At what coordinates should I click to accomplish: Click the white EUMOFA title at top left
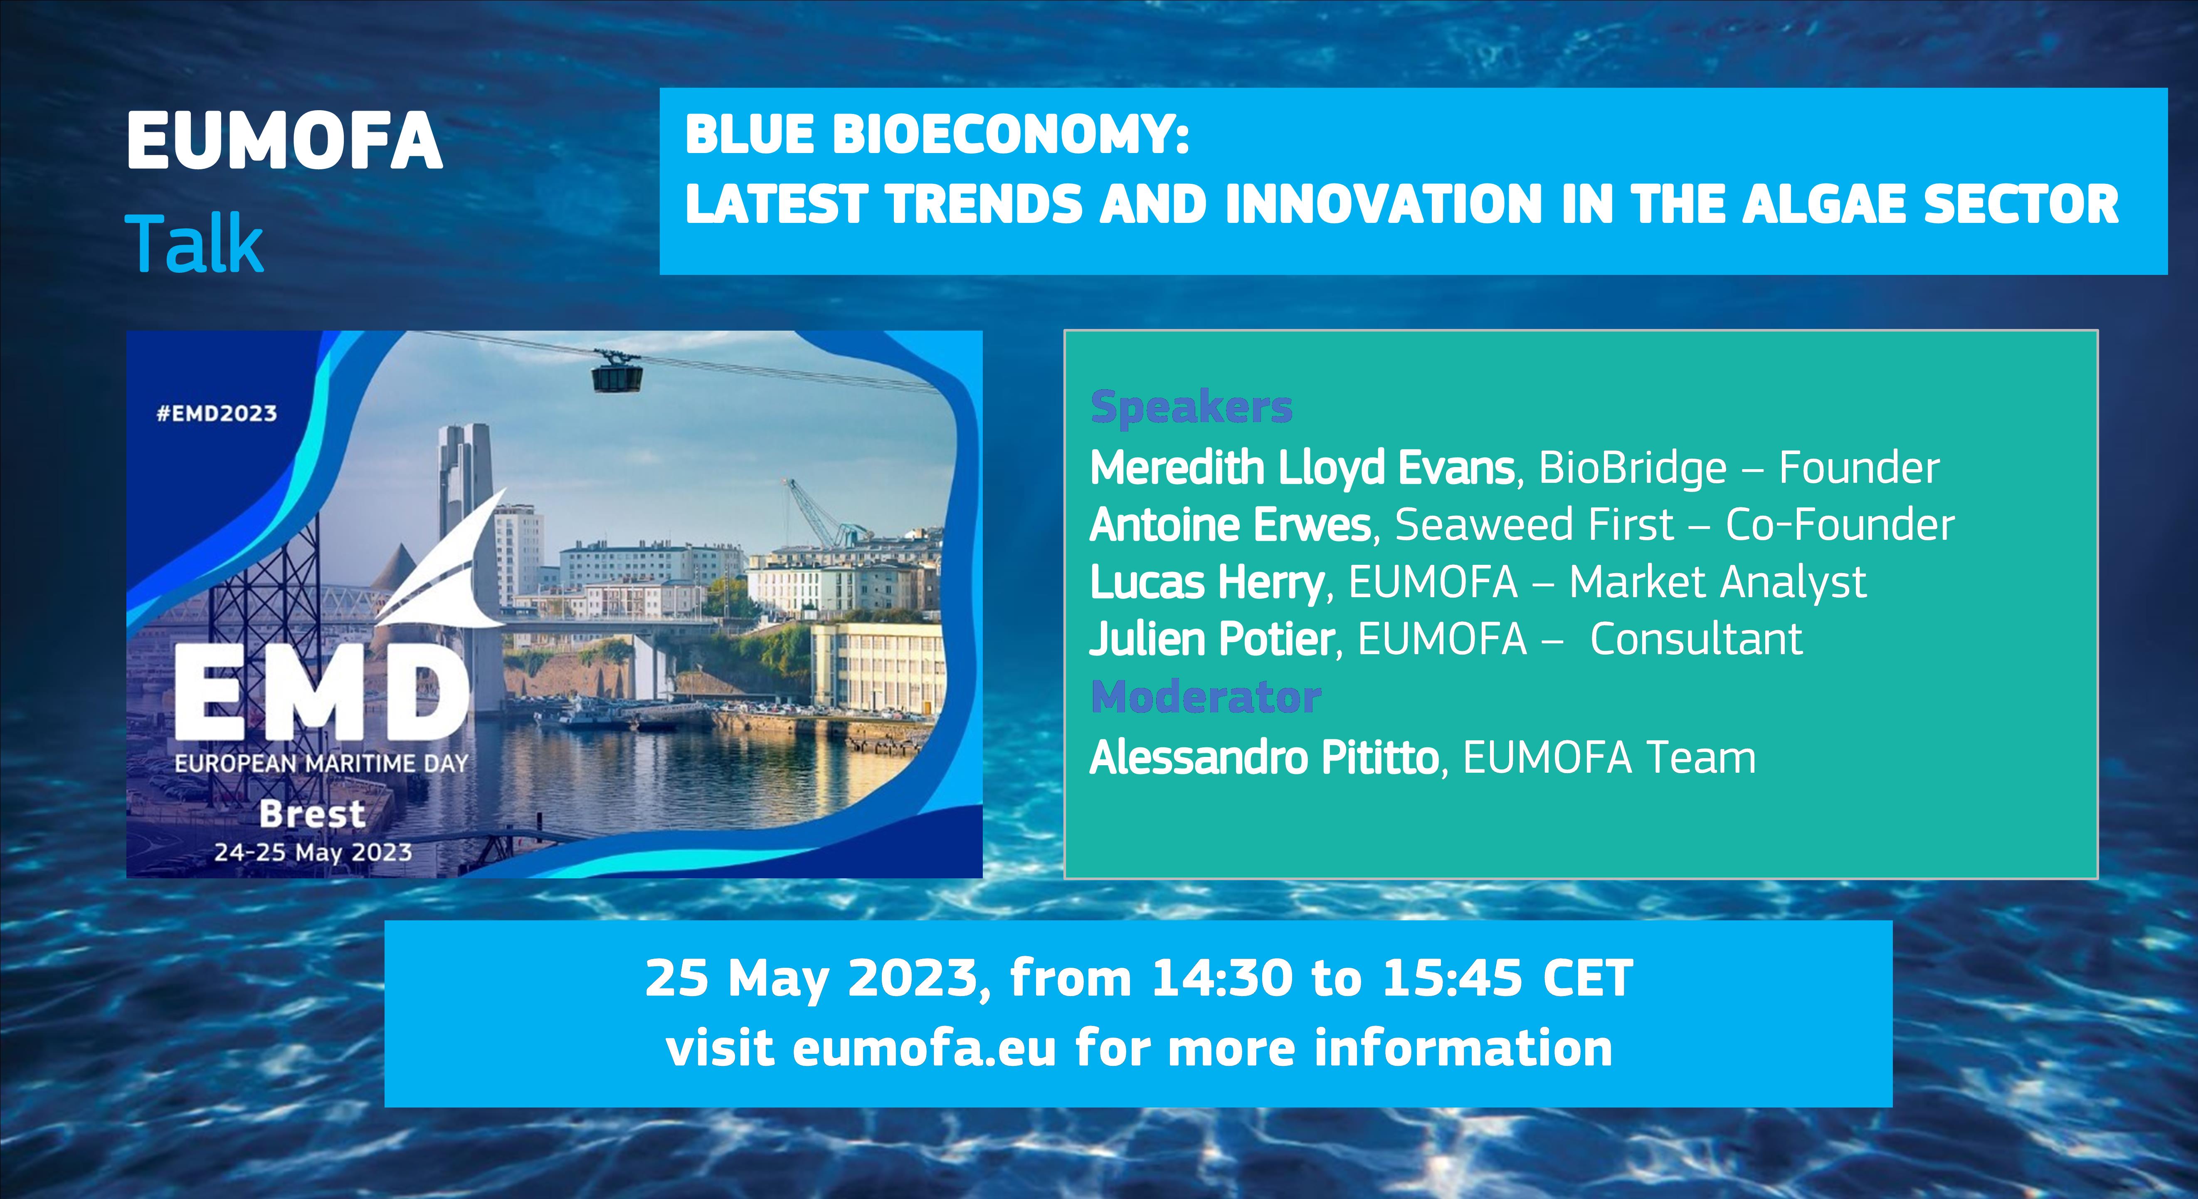pyautogui.click(x=284, y=142)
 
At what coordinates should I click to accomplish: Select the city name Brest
pyautogui.click(x=312, y=814)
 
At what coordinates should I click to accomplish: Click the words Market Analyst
pyautogui.click(x=1717, y=582)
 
